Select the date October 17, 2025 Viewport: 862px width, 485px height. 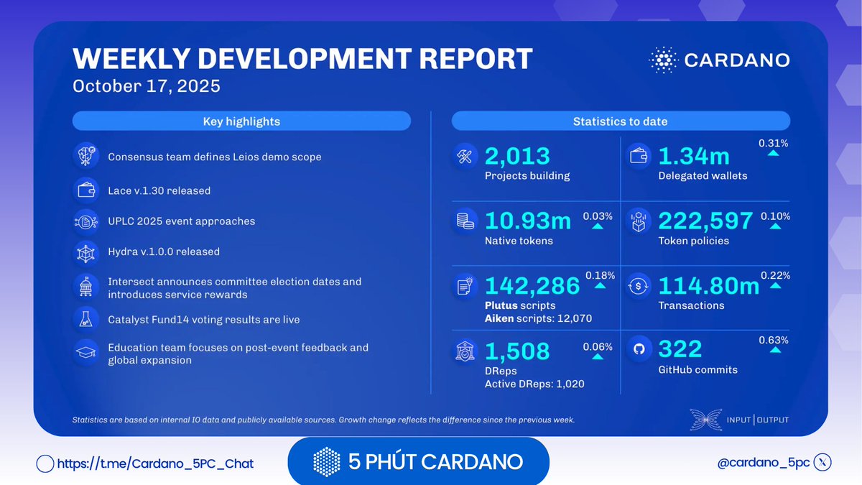[146, 86]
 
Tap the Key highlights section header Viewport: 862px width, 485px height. [241, 121]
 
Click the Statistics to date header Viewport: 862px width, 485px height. [620, 121]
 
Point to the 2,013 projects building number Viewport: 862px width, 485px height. [517, 156]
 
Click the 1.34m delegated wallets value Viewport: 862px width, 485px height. [693, 156]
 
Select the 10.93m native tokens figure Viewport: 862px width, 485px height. [528, 221]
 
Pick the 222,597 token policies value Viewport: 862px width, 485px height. [705, 221]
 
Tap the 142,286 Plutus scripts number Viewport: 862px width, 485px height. [532, 285]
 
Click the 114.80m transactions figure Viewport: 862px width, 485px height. [708, 285]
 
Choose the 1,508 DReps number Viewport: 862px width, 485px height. [517, 351]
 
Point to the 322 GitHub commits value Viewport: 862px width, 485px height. [680, 350]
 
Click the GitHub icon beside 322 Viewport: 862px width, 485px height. [637, 350]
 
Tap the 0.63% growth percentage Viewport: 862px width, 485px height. [774, 340]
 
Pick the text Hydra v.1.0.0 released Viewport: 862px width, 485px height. [164, 252]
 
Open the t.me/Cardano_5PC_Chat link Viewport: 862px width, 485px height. [154, 463]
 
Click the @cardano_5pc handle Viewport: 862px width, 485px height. [763, 463]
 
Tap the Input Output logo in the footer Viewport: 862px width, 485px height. [739, 420]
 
